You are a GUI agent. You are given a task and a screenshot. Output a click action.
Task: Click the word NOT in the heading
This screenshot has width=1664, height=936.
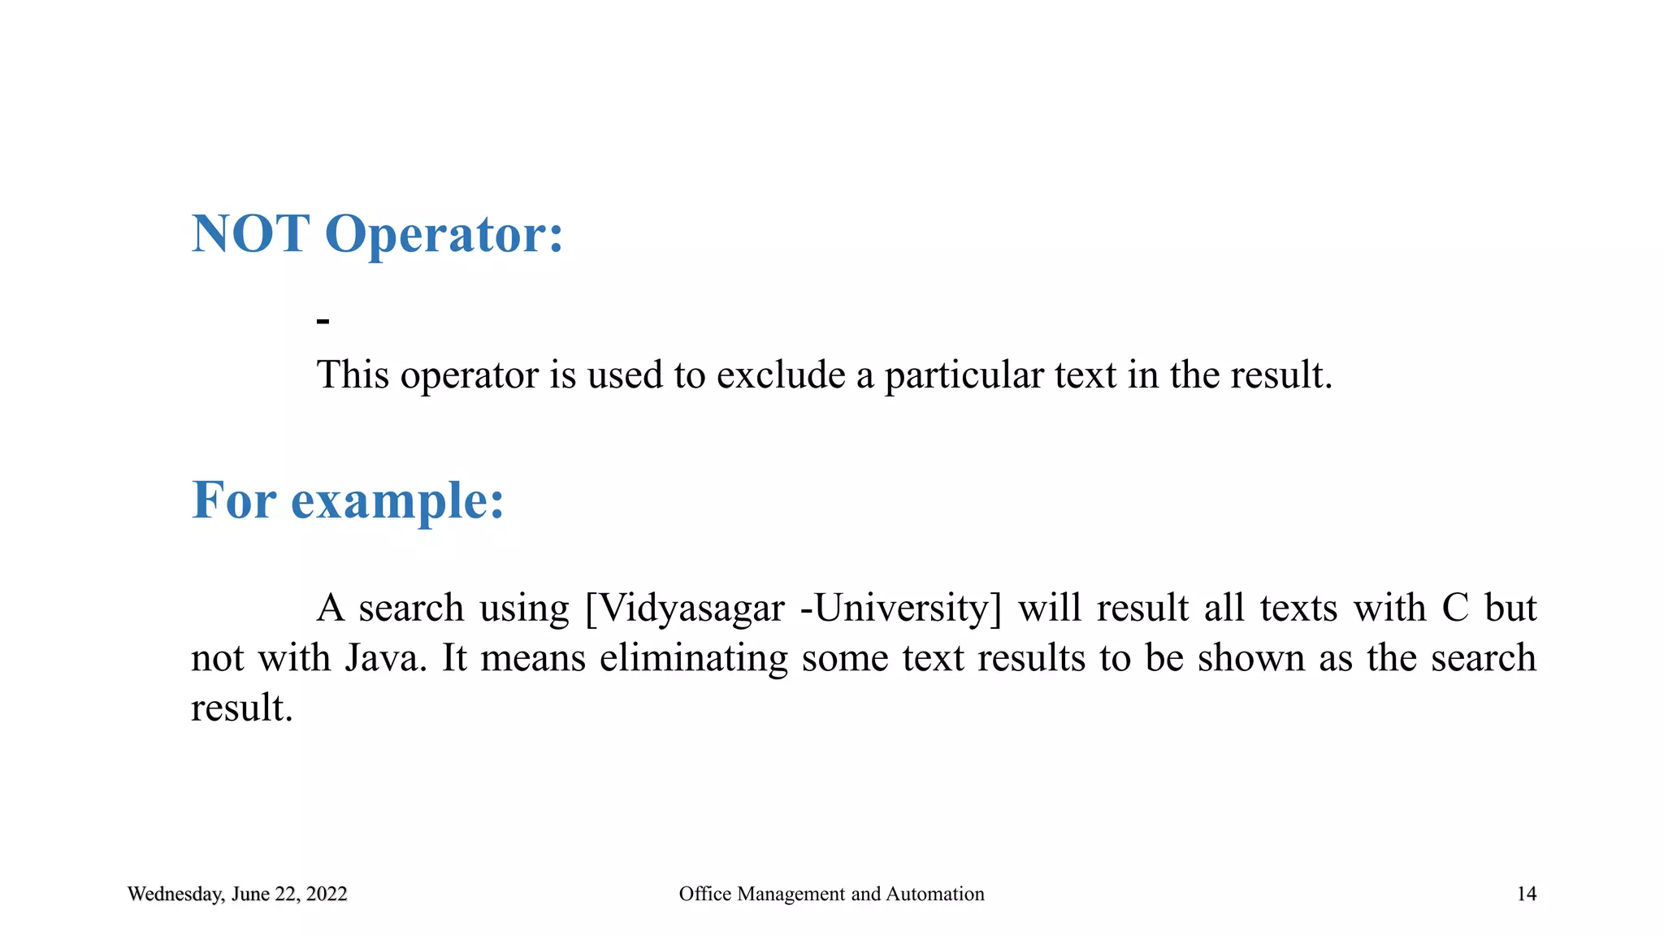coord(250,234)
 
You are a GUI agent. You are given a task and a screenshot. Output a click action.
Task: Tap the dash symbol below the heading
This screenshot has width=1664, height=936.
coord(323,322)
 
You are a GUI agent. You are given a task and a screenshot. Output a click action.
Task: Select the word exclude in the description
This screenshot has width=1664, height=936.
coord(780,375)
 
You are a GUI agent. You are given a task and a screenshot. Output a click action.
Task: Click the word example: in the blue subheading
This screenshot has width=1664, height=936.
coord(397,500)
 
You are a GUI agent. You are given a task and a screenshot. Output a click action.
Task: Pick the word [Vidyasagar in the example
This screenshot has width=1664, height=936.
coord(684,609)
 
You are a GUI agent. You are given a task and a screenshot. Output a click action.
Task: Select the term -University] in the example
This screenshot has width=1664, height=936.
coord(901,609)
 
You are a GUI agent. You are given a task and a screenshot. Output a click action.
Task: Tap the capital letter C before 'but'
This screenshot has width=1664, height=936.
coord(1455,608)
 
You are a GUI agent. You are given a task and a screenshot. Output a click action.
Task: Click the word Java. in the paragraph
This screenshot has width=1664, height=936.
coord(386,657)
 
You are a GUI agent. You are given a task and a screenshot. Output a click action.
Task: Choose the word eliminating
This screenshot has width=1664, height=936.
coord(693,658)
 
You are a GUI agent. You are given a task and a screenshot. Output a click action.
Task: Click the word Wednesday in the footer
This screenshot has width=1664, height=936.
coord(175,895)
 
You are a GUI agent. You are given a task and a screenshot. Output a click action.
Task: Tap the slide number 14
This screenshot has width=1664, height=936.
coord(1527,894)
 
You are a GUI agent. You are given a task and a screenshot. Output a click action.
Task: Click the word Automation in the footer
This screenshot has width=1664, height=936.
coord(934,894)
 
